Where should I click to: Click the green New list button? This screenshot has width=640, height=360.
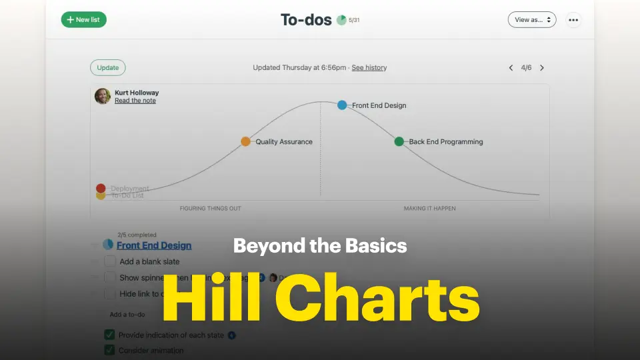[x=84, y=19]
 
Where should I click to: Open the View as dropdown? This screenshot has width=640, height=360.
[x=531, y=19]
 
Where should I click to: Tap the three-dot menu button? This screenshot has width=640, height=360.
[x=573, y=19]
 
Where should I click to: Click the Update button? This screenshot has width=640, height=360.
[x=108, y=67]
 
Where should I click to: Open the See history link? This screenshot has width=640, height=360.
[x=369, y=67]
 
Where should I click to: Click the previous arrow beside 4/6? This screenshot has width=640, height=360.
[x=511, y=67]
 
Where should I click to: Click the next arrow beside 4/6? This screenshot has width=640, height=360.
[x=542, y=67]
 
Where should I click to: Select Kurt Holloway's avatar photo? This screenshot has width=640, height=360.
[x=103, y=96]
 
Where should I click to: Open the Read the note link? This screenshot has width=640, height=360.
[x=135, y=101]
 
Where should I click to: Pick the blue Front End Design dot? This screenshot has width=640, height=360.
[x=342, y=105]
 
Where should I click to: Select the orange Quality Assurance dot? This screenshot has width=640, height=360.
[x=245, y=141]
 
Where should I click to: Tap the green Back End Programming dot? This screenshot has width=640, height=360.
[x=399, y=141]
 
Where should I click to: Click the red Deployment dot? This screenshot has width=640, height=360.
[x=101, y=188]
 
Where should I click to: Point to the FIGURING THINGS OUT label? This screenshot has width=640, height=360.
[x=211, y=209]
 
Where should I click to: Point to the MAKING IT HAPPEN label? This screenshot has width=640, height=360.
[x=430, y=209]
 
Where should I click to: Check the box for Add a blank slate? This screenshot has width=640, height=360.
[x=110, y=261]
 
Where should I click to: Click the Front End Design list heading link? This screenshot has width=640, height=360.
[x=154, y=245]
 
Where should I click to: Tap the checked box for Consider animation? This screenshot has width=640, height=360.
[x=109, y=350]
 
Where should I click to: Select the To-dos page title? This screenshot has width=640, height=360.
[x=306, y=19]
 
